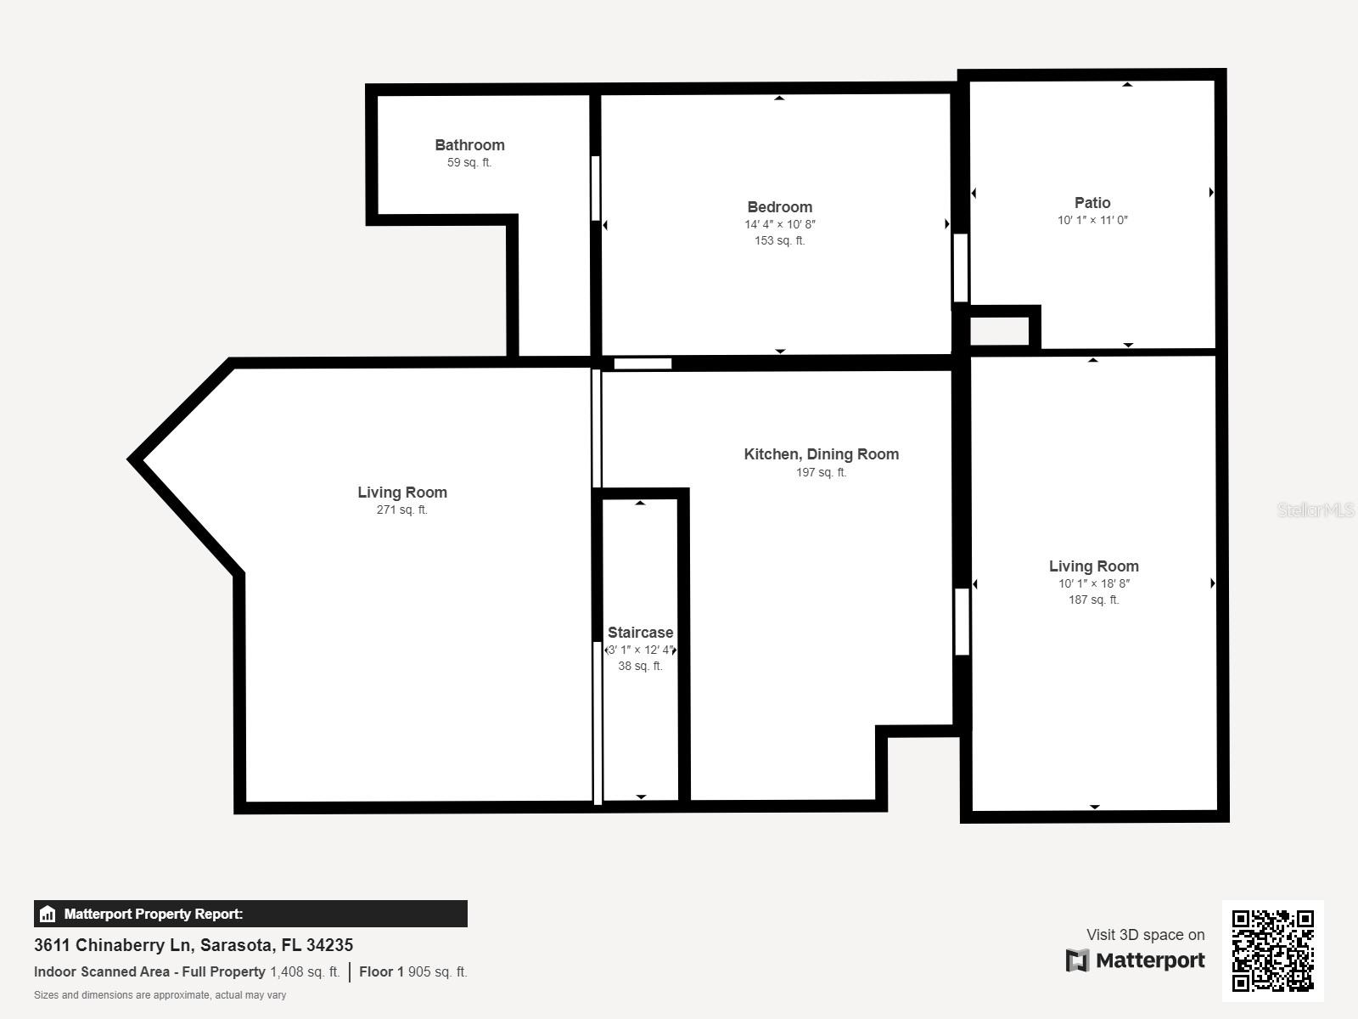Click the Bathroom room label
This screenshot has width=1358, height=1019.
(x=469, y=145)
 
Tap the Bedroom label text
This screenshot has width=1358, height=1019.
(x=779, y=207)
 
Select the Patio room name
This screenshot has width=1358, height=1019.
(x=1092, y=203)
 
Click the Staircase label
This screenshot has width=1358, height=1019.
(x=640, y=633)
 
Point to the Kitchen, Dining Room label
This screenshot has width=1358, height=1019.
(x=821, y=454)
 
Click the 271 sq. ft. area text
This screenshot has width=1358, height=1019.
(x=401, y=510)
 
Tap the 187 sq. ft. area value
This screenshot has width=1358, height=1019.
(x=1093, y=600)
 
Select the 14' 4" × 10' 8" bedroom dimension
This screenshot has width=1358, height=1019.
(x=779, y=225)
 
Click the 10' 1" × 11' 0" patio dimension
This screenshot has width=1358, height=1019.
(x=1092, y=221)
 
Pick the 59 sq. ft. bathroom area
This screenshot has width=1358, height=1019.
(x=469, y=163)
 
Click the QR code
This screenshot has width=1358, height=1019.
(x=1272, y=950)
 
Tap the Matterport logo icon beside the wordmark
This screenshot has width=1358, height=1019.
(x=1077, y=960)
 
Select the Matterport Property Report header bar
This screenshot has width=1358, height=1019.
(x=250, y=914)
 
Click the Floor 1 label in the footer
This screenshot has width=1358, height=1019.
(x=381, y=972)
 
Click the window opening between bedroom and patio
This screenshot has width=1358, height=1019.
(x=960, y=268)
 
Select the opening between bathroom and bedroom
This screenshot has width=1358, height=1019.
(x=596, y=189)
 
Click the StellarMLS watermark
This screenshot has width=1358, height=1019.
(x=1315, y=510)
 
